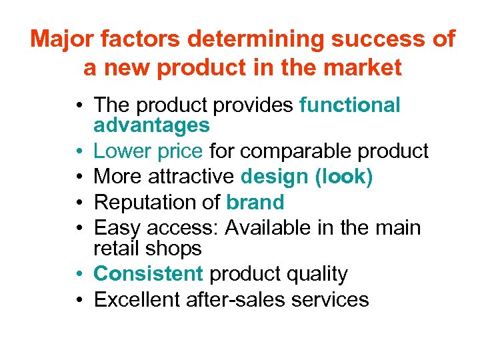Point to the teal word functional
350,105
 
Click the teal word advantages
151,125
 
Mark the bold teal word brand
255,202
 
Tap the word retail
119,248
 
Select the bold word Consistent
148,273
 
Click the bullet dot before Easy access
79,229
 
